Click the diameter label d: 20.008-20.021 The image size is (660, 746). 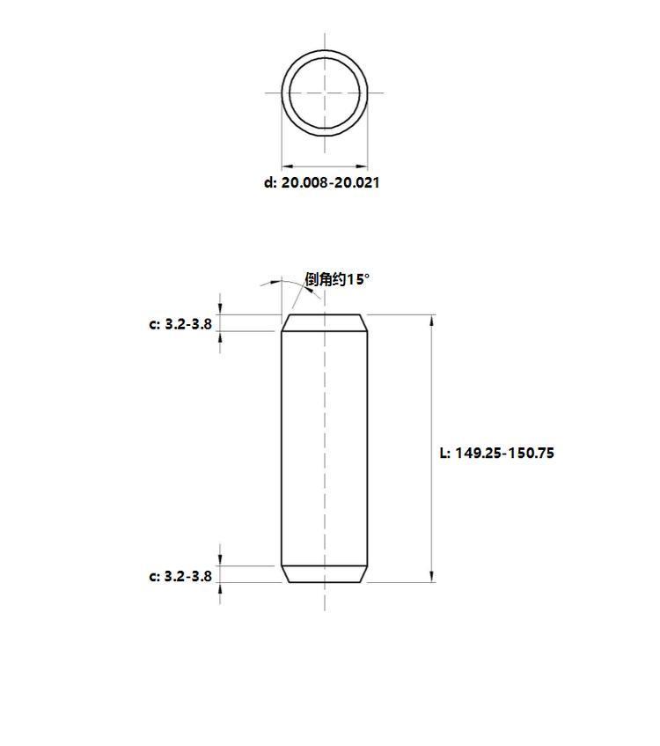pos(321,182)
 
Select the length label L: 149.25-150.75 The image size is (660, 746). pos(497,453)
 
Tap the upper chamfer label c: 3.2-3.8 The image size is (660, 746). pos(180,324)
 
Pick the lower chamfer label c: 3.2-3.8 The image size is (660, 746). pos(180,576)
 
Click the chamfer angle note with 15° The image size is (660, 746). pos(337,279)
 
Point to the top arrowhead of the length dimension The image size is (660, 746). pos(432,321)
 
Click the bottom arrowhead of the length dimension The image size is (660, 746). pos(432,577)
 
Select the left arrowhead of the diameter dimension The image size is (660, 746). pos(288,166)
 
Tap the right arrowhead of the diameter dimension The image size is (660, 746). pos(362,166)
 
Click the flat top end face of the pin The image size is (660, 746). pos(325,314)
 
